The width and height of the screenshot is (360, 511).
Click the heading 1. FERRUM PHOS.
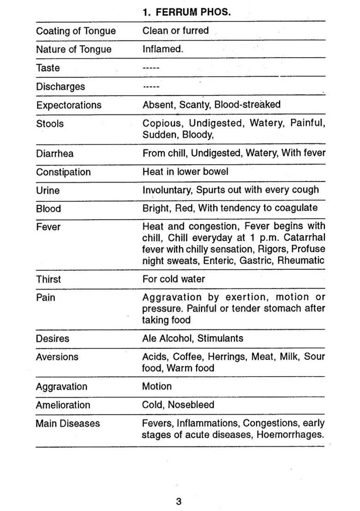pos(186,12)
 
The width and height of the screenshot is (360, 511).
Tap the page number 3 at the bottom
pos(179,502)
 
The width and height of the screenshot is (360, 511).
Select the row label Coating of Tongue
pos(76,31)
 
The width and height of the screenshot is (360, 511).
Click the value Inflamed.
pos(162,49)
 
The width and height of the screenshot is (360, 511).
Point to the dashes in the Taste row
pos(151,68)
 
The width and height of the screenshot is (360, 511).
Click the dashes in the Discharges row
pos(151,87)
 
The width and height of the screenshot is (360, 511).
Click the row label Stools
pos(50,124)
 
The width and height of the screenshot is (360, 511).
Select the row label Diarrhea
pos(54,154)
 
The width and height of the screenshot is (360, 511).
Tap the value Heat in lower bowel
pos(185,172)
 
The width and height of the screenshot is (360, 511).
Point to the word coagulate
pos(296,208)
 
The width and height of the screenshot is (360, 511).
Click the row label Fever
pos(48,227)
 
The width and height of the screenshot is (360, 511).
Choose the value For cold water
pos(174,279)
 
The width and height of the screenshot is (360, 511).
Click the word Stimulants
pos(220,339)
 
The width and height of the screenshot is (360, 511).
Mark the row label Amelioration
pos(63,405)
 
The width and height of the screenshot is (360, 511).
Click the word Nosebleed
pos(191,405)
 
